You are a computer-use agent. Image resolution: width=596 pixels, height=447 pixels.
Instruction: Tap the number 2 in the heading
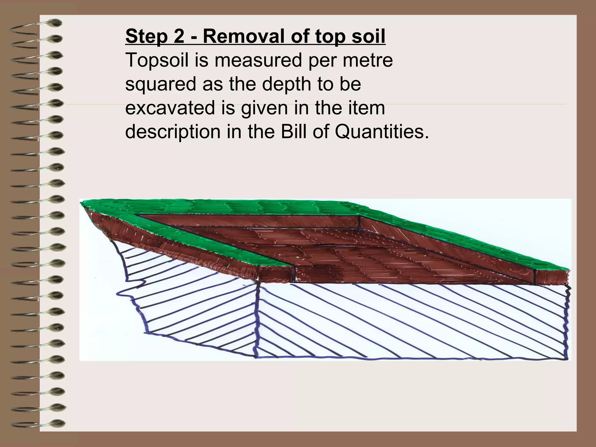(178, 37)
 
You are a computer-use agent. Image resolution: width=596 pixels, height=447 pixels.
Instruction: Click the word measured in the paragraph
(258, 60)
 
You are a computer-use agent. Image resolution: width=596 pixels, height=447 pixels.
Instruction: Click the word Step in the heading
(146, 37)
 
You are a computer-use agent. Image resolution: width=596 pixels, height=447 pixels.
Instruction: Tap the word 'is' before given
(248, 108)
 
